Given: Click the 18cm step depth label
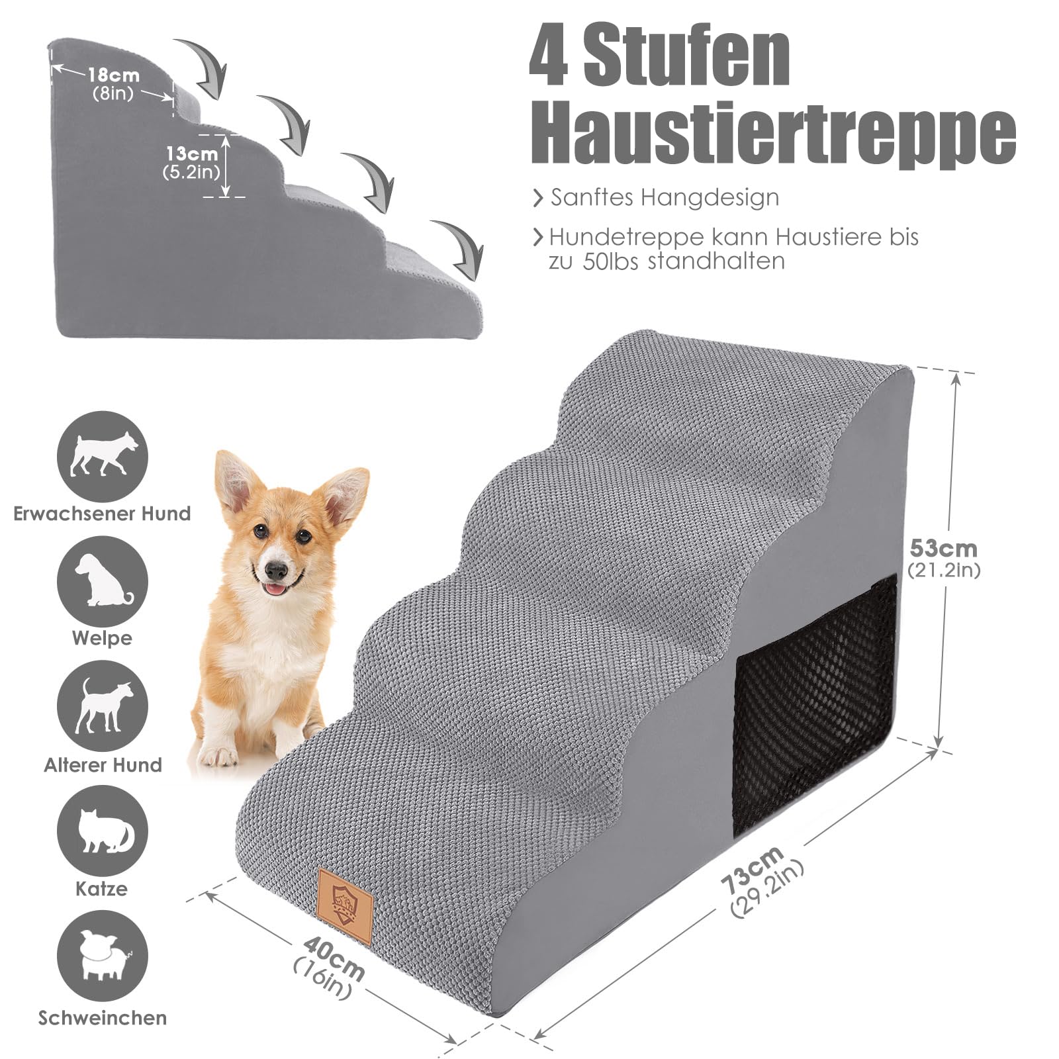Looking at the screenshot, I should [113, 75].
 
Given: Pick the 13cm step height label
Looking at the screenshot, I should [191, 154].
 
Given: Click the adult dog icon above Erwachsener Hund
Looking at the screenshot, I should [103, 456].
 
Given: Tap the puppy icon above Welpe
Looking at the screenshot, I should [103, 581].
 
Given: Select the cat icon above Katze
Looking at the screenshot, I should [103, 831].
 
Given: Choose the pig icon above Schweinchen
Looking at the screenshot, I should [103, 955].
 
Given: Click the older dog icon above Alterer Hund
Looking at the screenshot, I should [103, 706].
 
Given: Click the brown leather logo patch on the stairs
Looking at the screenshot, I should [345, 897].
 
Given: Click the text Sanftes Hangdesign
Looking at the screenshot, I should [665, 197].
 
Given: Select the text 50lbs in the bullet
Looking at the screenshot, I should [610, 261].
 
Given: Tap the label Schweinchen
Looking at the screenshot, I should [103, 1017].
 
